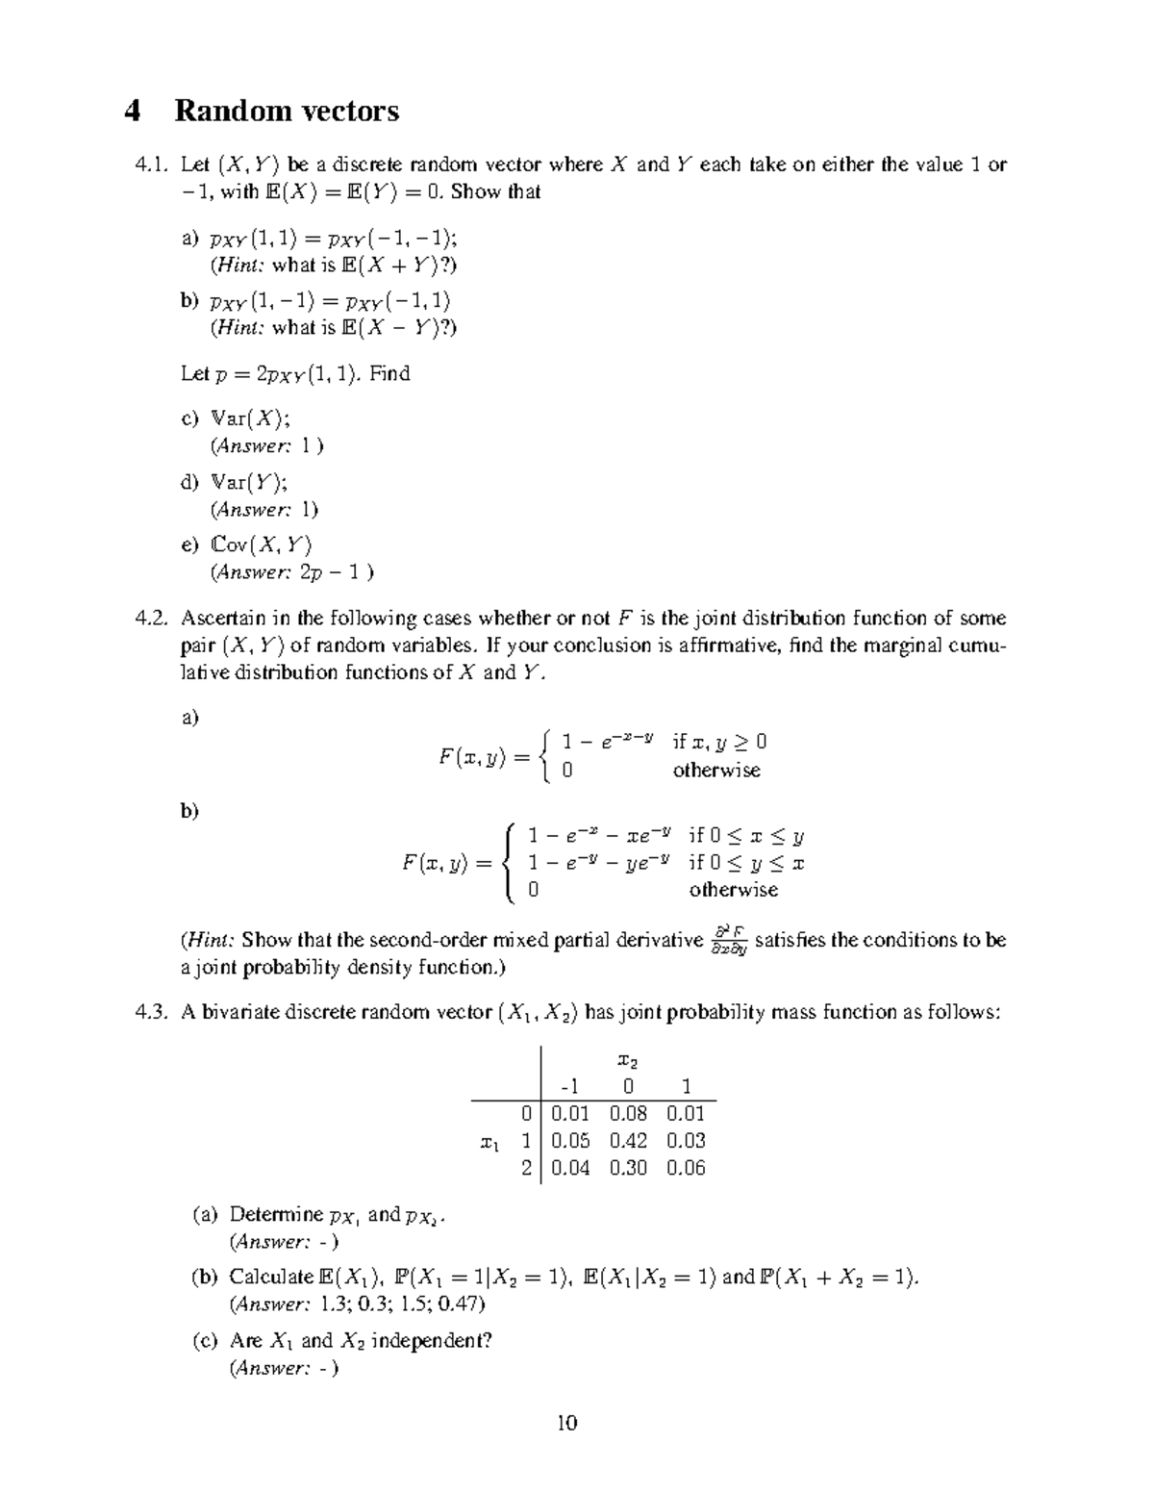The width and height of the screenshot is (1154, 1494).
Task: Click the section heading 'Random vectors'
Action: [x=287, y=112]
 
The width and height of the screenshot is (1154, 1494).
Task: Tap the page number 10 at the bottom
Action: [x=566, y=1423]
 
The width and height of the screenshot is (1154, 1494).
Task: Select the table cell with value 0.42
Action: [x=628, y=1141]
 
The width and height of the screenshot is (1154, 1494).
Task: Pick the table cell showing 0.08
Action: [x=628, y=1114]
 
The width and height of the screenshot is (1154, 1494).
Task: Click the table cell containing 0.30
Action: [x=628, y=1168]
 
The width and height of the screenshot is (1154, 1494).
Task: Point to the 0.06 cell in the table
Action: [x=686, y=1168]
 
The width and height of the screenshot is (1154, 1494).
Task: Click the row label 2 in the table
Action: [x=526, y=1168]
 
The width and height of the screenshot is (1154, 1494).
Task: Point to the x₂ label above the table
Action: [x=627, y=1061]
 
